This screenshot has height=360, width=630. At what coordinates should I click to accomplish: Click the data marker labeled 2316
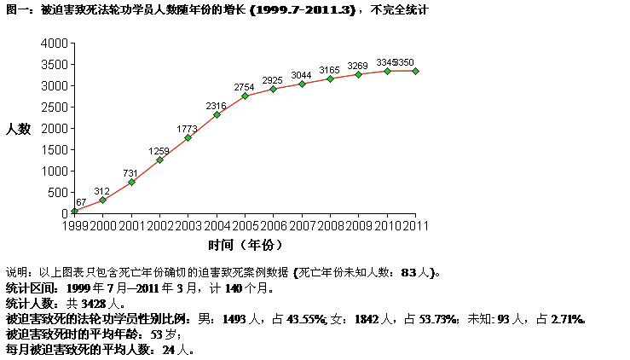click(x=217, y=114)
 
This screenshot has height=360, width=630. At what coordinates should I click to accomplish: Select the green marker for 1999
click(x=74, y=211)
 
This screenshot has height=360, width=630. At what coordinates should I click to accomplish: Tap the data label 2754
click(x=245, y=87)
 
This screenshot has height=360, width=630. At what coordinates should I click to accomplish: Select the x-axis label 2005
click(x=245, y=225)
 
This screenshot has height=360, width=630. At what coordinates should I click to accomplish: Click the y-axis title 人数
click(x=18, y=129)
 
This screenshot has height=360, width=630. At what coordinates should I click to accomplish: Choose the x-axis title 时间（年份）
click(x=245, y=246)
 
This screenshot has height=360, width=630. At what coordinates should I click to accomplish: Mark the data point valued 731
click(x=131, y=182)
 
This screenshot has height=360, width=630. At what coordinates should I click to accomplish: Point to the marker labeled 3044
click(x=302, y=84)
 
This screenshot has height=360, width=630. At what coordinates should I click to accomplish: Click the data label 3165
click(x=330, y=69)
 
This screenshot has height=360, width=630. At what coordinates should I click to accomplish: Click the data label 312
click(x=102, y=191)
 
